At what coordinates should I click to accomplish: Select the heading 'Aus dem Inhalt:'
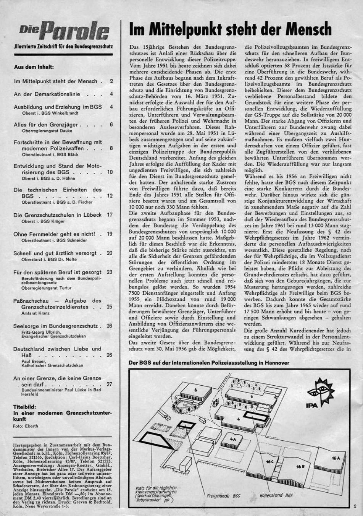point(34,67)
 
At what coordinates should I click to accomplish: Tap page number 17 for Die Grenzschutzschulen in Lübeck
point(110,215)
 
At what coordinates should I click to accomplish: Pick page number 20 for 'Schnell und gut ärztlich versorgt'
point(110,253)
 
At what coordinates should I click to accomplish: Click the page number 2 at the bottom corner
point(355,507)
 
